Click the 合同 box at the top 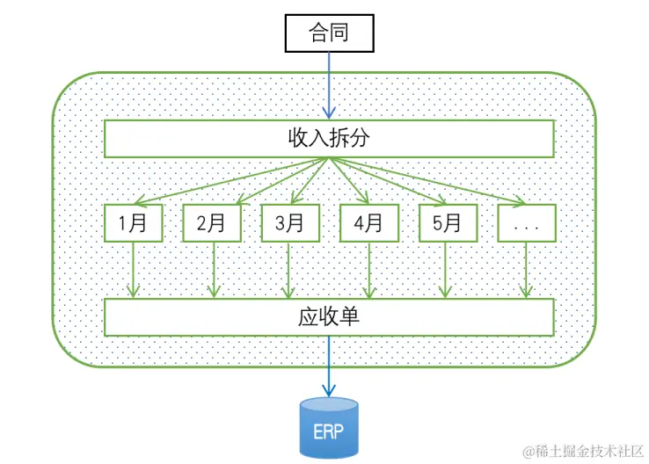[329, 33]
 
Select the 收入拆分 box [329, 139]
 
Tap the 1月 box [133, 223]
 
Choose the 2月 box [211, 223]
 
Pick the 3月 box [289, 223]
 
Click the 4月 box [368, 223]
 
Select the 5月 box [447, 223]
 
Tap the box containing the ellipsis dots [526, 223]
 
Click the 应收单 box [329, 317]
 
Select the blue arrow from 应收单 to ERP [329, 366]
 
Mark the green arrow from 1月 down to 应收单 [133, 270]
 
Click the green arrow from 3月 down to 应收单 [289, 270]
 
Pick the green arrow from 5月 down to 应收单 [447, 270]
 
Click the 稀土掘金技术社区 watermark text [584, 451]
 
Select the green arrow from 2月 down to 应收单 [211, 270]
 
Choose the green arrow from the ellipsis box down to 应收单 [526, 270]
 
